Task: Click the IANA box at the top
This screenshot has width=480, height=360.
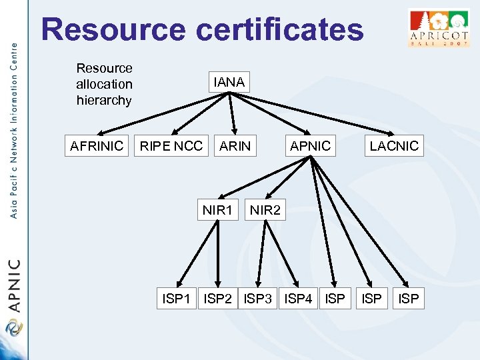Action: tap(229, 83)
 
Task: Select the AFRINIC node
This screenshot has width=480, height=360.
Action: tap(97, 146)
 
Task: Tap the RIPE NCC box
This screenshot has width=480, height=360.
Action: tap(171, 146)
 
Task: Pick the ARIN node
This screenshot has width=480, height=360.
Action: tap(235, 146)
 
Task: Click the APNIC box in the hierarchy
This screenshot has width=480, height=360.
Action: tap(310, 146)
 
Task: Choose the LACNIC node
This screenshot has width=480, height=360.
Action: tap(394, 146)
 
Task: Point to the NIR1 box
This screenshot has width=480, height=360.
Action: tap(218, 211)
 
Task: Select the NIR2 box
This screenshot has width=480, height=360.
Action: tap(265, 211)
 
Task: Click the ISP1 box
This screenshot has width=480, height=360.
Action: tap(176, 299)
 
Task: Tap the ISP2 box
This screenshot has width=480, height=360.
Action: tap(218, 299)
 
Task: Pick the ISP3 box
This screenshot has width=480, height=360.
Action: tap(258, 299)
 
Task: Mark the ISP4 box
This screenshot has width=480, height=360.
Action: tap(298, 299)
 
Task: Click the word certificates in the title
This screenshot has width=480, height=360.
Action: tap(279, 31)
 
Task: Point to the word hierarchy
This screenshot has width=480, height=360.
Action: tap(104, 101)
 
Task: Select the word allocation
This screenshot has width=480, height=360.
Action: tap(104, 84)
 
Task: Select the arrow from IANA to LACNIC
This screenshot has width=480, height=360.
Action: tap(313, 114)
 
